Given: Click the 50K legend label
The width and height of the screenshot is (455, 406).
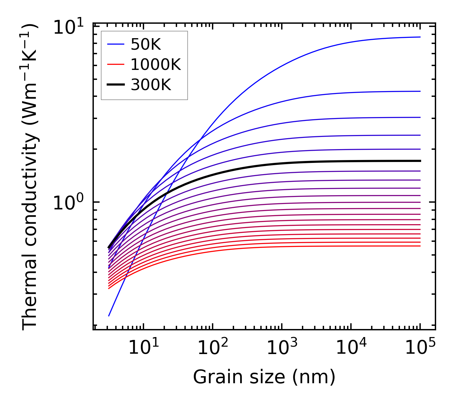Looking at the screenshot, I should tap(146, 45).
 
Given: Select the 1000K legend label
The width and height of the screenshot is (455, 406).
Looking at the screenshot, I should tap(156, 65).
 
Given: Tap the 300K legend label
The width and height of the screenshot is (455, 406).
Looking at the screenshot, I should tap(151, 85).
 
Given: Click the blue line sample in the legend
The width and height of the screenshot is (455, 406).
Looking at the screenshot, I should tap(116, 45).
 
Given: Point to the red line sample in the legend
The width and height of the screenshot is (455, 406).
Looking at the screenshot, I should tap(116, 65).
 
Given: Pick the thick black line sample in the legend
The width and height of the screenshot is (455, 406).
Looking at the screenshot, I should tap(116, 85).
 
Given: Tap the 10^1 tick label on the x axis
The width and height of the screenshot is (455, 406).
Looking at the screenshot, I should tap(143, 347).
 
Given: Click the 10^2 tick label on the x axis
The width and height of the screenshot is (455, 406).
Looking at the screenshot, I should tap(213, 347).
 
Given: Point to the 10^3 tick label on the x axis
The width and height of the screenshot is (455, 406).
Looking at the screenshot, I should tap(282, 347).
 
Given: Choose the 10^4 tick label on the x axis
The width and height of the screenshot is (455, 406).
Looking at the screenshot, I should tap(351, 347).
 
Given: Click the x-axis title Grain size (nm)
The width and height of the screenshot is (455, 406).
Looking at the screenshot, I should tap(264, 377).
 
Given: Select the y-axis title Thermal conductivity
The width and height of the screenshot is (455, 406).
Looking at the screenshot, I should tap(30, 176).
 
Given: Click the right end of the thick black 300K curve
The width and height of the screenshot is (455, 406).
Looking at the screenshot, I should tap(420, 161).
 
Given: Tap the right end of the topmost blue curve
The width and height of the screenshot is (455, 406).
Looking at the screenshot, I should tap(420, 37).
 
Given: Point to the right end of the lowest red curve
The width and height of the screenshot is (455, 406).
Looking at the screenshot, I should tap(420, 246).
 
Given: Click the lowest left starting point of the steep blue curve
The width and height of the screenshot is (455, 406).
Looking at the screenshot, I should tap(109, 316).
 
